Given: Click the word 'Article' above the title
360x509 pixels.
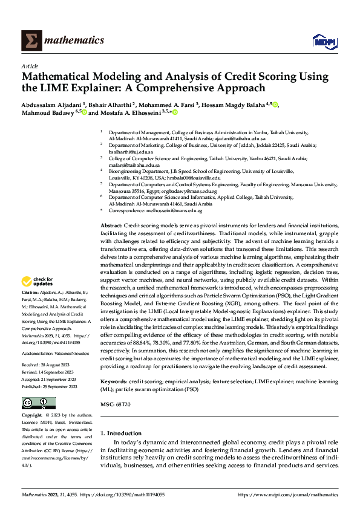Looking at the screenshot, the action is [30, 66].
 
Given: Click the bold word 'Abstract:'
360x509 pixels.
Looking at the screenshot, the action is [111, 225].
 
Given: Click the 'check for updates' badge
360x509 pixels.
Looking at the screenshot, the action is [38, 281].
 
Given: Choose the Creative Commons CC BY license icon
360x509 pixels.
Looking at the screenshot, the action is [38, 403].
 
